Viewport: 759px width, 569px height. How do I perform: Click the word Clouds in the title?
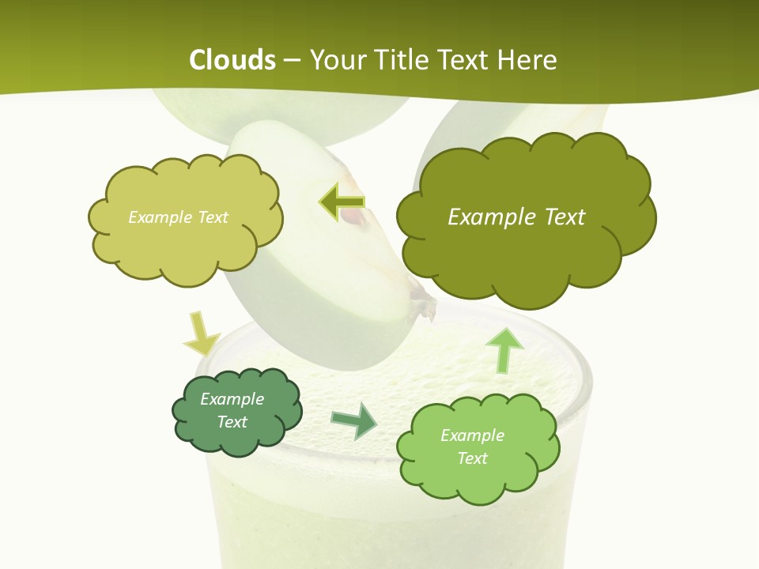pos(232,60)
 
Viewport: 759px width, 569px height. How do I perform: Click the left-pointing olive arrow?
pos(342,202)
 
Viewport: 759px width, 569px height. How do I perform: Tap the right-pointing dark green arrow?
pos(353,420)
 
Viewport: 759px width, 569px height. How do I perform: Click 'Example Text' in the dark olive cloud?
pos(516,217)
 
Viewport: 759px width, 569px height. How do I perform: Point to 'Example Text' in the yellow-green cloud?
pos(178,217)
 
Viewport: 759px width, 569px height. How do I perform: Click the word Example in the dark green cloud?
pos(232,399)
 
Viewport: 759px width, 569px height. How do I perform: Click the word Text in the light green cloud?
pos(473,458)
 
